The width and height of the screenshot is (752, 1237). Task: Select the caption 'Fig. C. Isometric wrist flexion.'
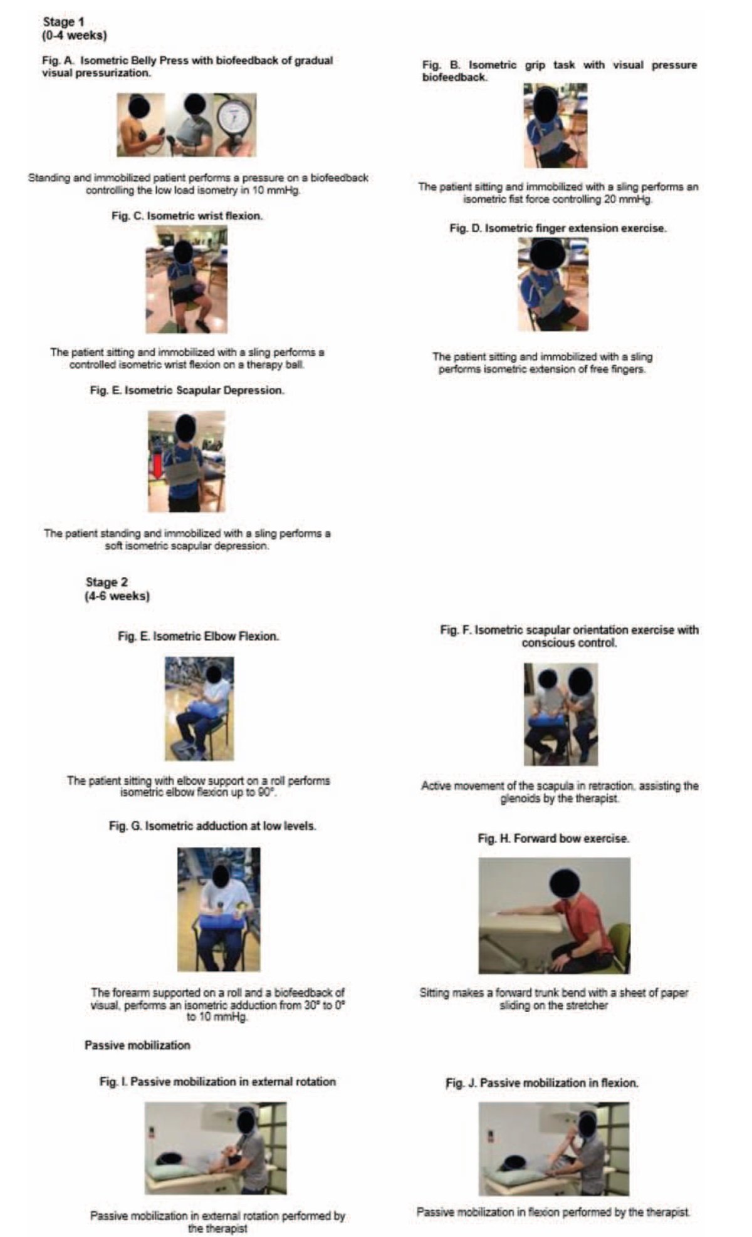click(x=187, y=215)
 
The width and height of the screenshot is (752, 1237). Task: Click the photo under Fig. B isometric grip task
click(x=555, y=125)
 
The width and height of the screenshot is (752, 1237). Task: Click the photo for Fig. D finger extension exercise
click(x=553, y=285)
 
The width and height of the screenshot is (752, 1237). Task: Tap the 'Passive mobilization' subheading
click(x=137, y=1045)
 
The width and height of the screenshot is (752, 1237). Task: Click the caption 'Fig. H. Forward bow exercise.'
click(x=553, y=838)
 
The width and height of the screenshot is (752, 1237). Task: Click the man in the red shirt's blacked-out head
click(x=564, y=884)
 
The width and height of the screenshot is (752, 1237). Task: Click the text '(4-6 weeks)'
click(x=117, y=596)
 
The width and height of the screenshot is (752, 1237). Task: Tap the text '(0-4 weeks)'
click(x=74, y=36)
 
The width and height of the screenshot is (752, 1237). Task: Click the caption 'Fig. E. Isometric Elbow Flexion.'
click(x=199, y=636)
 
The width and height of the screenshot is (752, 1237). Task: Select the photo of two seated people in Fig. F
click(x=560, y=714)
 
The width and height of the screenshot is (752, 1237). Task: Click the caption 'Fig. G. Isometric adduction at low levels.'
click(x=212, y=826)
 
